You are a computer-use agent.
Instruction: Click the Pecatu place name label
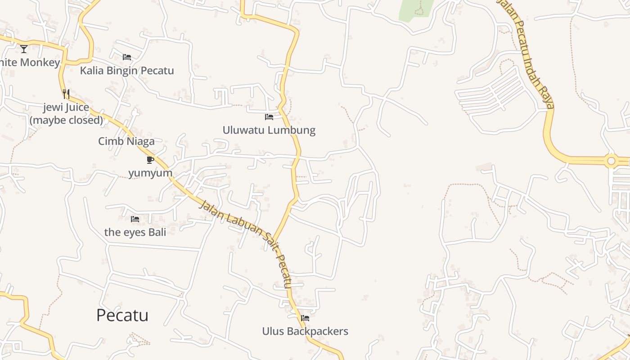point(122,315)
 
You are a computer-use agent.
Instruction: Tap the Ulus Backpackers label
point(305,332)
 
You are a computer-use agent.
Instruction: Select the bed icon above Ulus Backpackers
point(305,318)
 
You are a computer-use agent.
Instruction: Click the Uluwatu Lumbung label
point(269,130)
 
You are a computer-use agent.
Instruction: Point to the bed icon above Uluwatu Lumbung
point(269,117)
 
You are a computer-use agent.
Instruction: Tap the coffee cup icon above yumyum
point(150,160)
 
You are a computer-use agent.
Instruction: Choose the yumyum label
point(150,173)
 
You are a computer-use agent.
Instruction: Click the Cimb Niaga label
point(126,141)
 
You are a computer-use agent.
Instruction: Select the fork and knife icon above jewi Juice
point(66,94)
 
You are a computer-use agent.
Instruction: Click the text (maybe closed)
point(66,121)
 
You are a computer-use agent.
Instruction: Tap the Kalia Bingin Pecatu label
point(127,71)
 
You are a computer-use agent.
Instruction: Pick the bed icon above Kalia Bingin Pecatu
point(127,57)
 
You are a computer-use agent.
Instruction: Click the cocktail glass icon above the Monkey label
point(24,49)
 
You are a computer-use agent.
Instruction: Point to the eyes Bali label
point(135,232)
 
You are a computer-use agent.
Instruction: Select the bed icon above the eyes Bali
point(135,219)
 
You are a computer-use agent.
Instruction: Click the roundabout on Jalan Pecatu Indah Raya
point(611,161)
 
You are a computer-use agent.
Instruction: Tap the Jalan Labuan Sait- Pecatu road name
point(246,243)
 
